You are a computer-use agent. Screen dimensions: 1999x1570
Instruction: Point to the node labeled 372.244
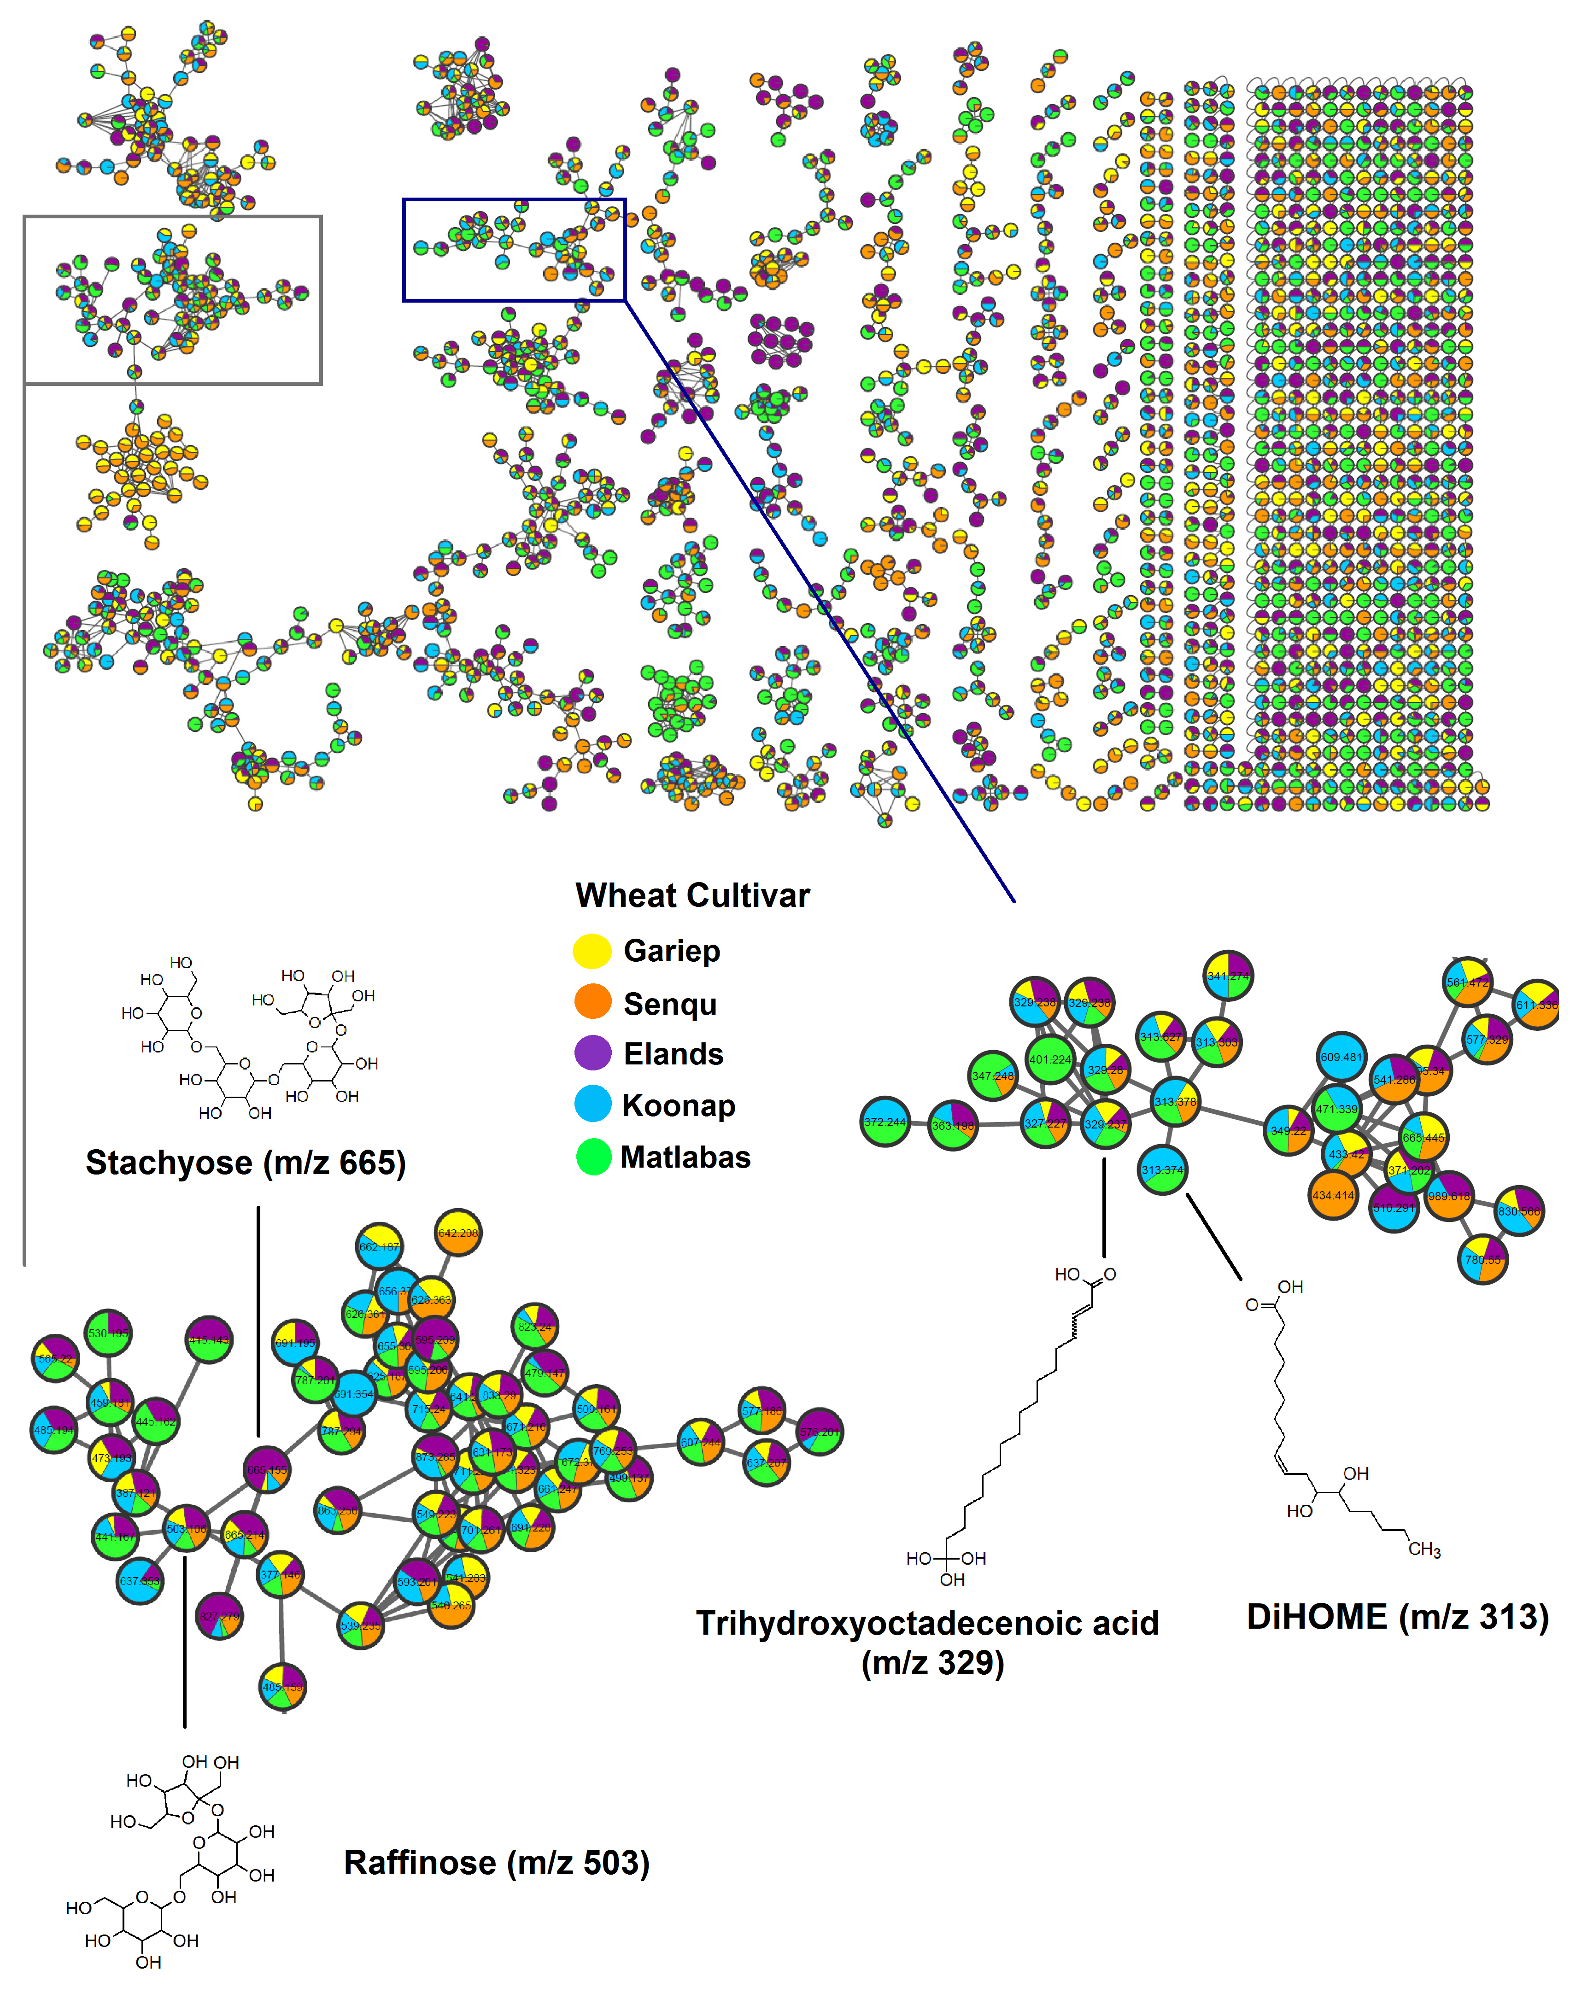885,1122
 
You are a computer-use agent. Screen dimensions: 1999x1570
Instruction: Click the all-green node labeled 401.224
1050,1060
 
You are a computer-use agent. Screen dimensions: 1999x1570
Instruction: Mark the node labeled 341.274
1228,976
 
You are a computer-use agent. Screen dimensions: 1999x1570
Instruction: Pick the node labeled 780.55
1482,1259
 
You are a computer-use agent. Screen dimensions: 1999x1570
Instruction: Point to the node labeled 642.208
458,1233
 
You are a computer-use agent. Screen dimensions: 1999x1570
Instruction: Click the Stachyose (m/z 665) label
246,1163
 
